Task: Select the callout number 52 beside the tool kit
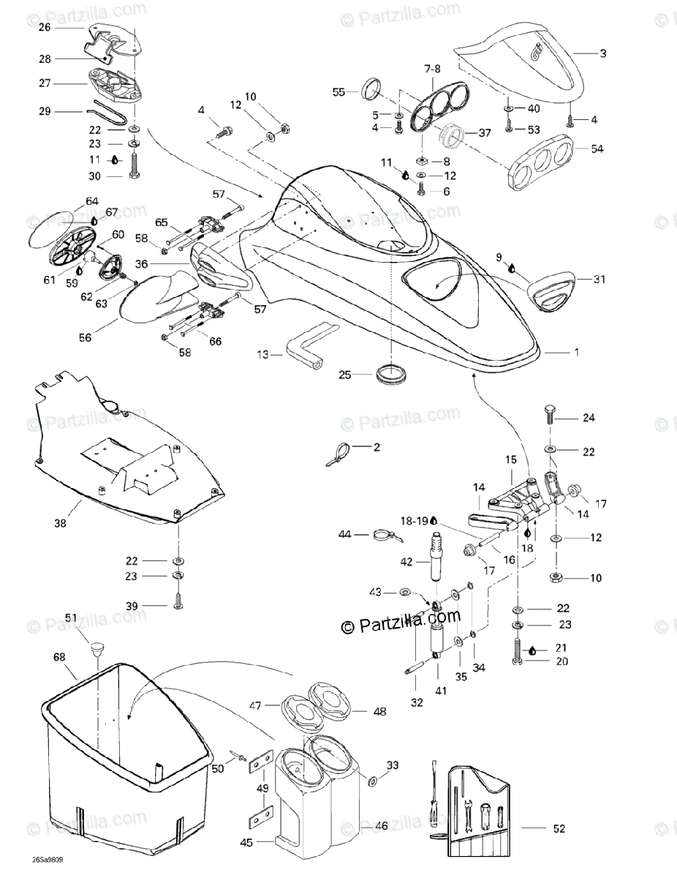(x=559, y=829)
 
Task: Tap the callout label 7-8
(x=432, y=68)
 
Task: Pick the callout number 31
(x=600, y=279)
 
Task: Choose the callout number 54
(x=598, y=149)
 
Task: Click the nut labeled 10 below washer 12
(x=555, y=578)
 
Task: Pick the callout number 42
(x=406, y=562)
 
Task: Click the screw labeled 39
(x=177, y=606)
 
